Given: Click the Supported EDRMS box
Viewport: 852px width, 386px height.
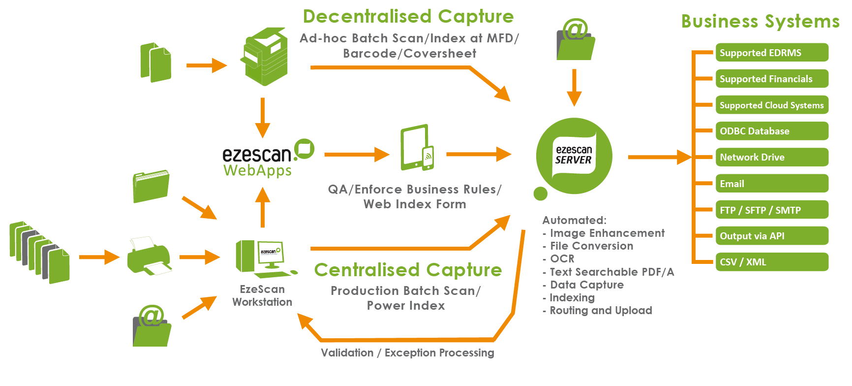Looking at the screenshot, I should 771,53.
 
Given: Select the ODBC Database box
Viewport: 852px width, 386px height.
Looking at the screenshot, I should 771,131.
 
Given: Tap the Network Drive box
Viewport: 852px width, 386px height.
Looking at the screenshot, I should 771,157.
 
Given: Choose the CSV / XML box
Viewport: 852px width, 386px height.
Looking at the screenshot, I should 771,262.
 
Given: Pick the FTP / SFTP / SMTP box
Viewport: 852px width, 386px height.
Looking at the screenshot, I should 771,210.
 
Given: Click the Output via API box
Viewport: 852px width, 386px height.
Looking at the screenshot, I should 771,236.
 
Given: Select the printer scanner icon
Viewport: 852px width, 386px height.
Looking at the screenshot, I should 149,256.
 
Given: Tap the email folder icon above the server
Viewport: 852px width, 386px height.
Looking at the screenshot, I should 575,41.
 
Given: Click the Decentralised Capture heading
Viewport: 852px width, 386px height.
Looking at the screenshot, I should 408,16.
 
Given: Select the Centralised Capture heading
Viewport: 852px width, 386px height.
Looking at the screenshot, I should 408,270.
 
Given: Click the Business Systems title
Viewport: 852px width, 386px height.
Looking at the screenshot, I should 760,21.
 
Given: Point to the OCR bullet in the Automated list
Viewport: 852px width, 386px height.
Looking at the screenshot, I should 561,259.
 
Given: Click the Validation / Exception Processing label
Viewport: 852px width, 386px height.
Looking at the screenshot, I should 407,353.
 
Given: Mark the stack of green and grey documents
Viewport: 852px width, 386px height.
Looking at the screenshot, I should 39,252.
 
